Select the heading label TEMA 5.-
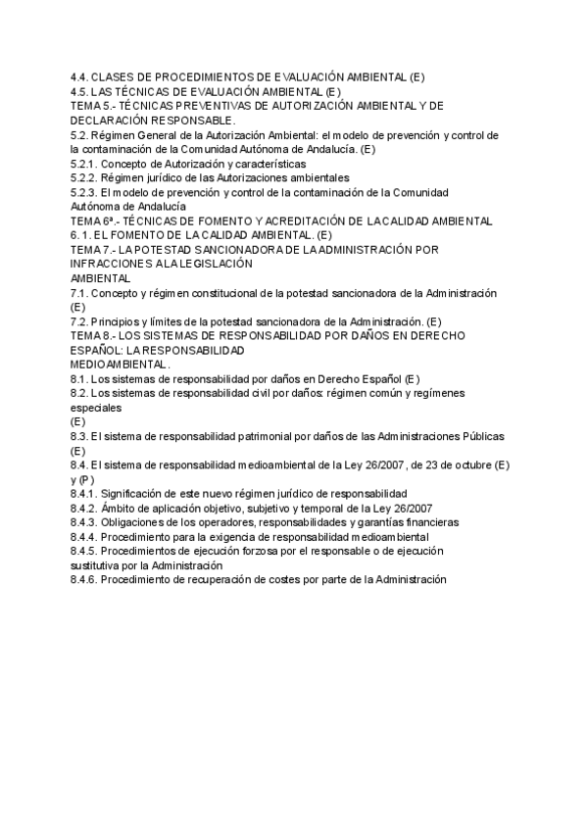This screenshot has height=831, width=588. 94,106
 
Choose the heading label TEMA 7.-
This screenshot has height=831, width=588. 94,250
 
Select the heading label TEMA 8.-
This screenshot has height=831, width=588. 94,336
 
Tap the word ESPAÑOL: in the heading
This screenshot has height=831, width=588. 99,350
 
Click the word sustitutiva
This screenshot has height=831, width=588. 98,565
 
